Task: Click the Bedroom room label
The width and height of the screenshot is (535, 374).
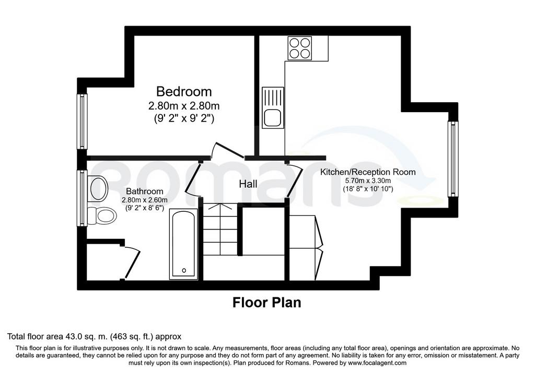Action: tap(184, 92)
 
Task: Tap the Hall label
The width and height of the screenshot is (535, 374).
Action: tap(248, 184)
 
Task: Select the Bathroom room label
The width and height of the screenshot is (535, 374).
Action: tap(145, 191)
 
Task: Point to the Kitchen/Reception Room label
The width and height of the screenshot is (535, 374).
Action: tap(368, 172)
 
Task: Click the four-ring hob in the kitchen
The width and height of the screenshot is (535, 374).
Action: tap(300, 47)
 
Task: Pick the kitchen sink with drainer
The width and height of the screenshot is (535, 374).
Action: tap(273, 107)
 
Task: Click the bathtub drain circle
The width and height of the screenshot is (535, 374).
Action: tap(184, 270)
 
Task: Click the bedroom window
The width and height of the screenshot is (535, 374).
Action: tap(82, 121)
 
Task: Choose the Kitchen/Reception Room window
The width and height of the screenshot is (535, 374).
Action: tap(452, 159)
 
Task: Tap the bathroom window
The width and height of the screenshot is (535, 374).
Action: tap(82, 198)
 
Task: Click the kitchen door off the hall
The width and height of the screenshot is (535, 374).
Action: tap(294, 180)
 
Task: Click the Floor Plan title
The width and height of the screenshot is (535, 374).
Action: tap(267, 303)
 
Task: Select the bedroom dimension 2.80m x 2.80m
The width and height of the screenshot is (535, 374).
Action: tap(184, 106)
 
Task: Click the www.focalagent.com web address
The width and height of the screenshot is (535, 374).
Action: tap(377, 363)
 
